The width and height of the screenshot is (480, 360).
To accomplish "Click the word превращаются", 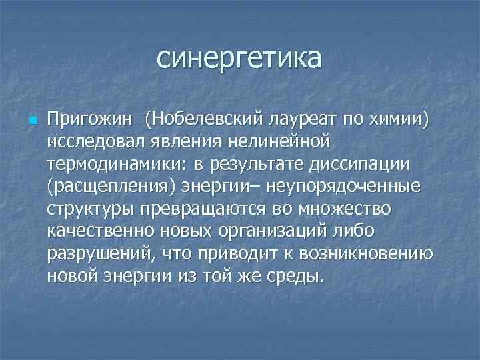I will [209, 209].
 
